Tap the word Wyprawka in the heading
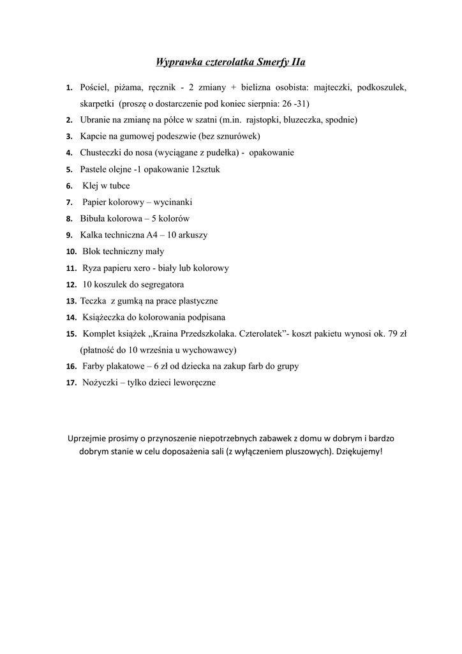pyautogui.click(x=179, y=63)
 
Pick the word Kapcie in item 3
pyautogui.click(x=93, y=136)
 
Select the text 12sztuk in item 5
pyautogui.click(x=205, y=169)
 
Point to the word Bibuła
pyautogui.click(x=93, y=218)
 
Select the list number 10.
pyautogui.click(x=71, y=252)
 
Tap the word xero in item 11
pyautogui.click(x=138, y=268)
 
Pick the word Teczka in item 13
pyautogui.click(x=93, y=301)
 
